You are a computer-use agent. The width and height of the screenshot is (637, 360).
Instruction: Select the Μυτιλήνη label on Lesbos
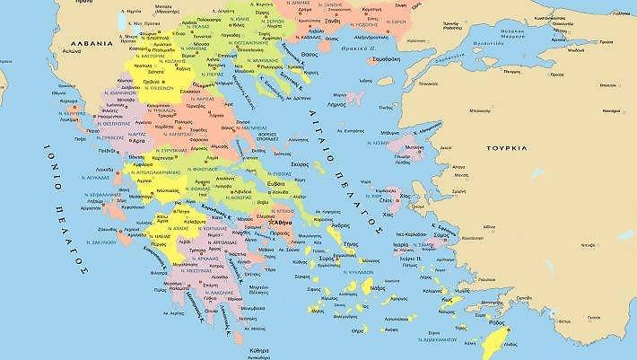point(439,145)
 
